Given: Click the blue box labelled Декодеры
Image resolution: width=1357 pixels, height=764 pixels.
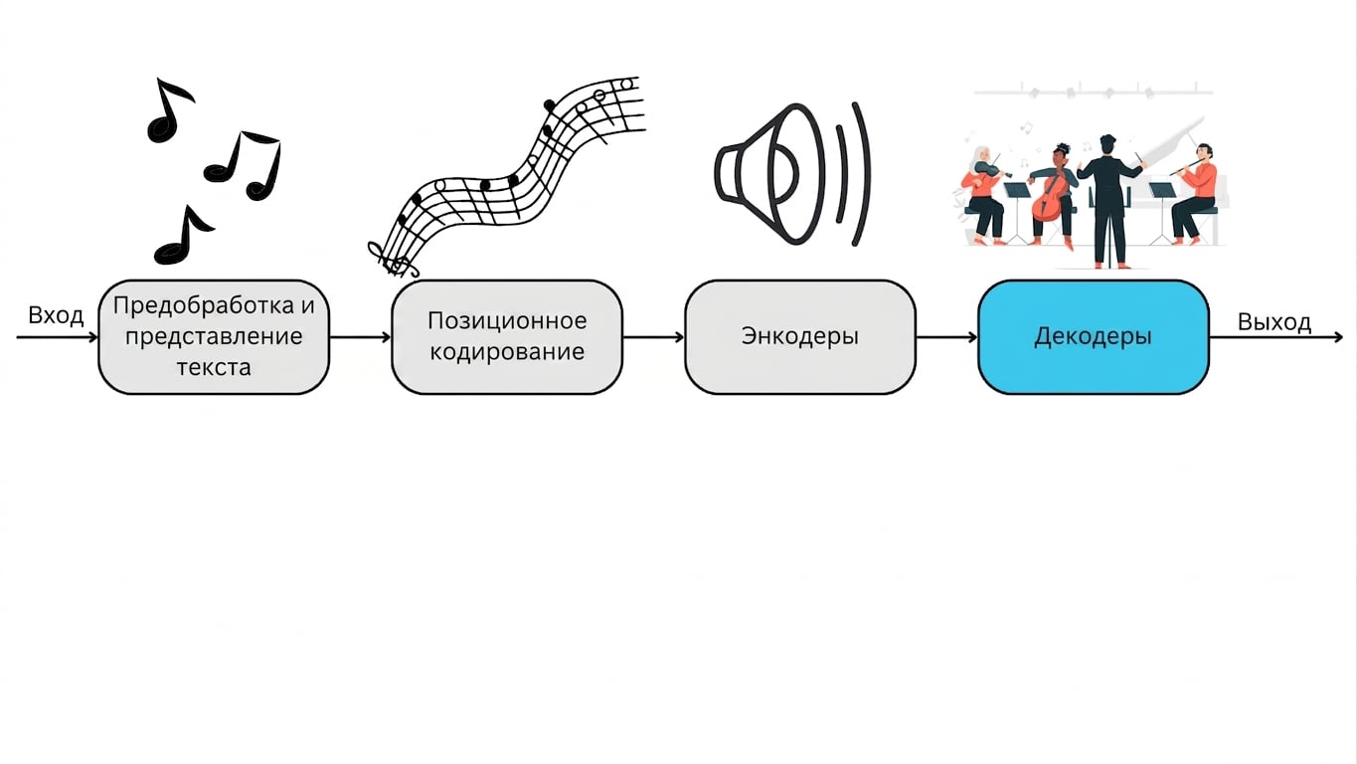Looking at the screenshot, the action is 1094,337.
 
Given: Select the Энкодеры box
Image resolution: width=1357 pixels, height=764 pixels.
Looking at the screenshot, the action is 800,337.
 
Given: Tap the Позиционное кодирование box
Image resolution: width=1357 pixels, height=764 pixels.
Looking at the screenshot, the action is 507,337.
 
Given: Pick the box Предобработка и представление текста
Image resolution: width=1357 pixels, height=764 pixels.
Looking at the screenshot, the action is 214,337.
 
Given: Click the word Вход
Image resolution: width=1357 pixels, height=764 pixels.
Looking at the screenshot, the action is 56,316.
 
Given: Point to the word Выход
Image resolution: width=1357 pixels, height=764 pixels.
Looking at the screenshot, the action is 1274,322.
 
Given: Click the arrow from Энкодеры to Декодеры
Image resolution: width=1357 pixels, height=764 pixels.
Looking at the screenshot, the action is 946,337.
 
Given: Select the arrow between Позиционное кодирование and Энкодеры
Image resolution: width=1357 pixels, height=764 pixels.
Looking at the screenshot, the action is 654,337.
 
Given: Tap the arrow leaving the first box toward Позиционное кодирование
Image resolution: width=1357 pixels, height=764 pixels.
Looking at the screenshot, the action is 361,337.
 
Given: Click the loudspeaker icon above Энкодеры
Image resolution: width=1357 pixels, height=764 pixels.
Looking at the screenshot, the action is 793,174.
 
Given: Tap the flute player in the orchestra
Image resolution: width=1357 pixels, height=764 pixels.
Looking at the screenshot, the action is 1194,194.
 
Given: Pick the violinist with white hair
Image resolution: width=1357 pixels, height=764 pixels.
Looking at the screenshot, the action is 982,195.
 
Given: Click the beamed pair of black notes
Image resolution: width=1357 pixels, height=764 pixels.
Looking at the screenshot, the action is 243,165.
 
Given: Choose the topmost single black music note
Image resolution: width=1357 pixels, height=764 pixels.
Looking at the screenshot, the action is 170,110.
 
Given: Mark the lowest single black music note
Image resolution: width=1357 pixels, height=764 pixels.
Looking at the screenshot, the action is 184,235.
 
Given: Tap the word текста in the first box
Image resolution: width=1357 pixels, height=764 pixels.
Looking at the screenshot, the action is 214,367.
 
